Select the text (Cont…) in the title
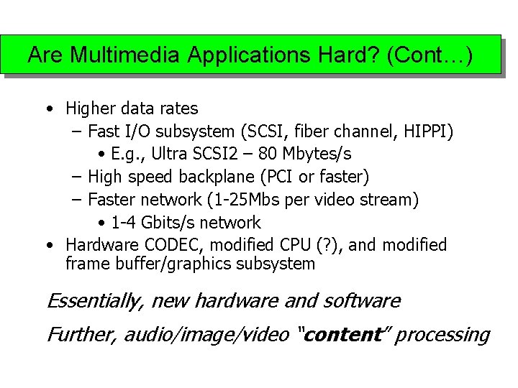coord(430,55)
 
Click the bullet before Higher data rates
coord(47,109)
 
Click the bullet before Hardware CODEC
coord(47,245)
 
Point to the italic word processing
coord(442,336)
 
